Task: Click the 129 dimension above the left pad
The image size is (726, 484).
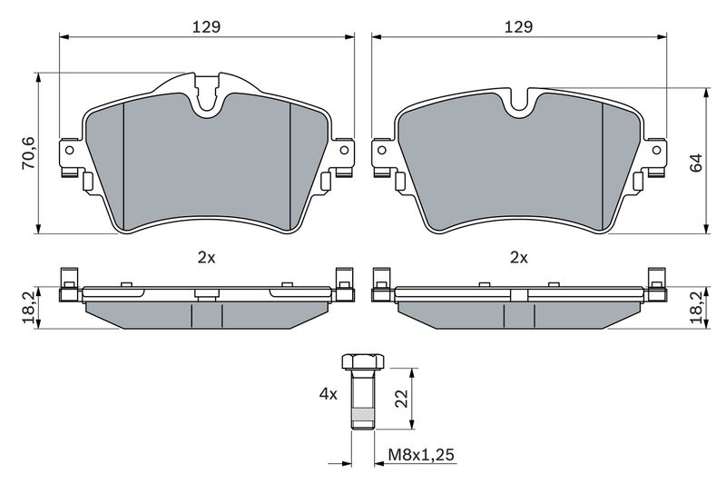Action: click(206, 27)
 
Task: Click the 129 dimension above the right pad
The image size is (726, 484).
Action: click(518, 27)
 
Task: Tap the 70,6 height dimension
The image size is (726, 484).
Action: click(29, 153)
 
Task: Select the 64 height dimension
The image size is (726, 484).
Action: click(696, 163)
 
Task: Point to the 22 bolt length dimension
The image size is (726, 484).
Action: click(402, 398)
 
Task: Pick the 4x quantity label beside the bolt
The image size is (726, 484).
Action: click(329, 394)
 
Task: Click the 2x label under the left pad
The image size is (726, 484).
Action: click(207, 258)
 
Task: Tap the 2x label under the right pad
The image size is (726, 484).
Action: click(519, 258)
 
